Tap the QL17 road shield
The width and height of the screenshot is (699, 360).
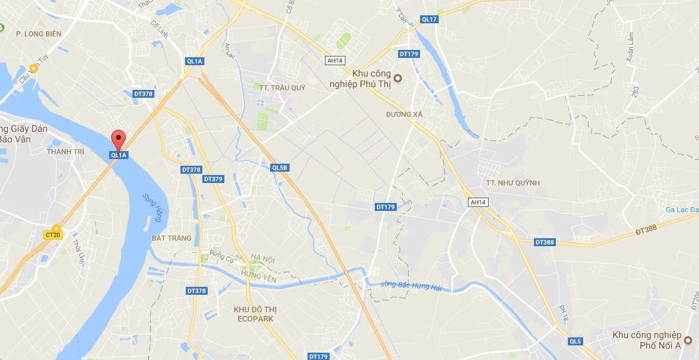coord(429,19)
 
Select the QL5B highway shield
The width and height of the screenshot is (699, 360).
coord(280,168)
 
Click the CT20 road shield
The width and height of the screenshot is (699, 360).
coord(53,234)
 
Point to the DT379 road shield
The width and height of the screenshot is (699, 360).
coord(213,179)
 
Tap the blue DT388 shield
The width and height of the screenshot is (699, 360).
coord(544,242)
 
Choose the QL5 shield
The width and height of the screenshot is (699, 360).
coord(575,341)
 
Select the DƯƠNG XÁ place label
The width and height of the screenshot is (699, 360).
coord(404,114)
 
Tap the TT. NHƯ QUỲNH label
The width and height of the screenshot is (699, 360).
coord(512,183)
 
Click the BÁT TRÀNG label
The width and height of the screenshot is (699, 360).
coord(171,238)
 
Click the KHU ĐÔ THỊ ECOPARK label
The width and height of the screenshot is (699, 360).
coord(254,314)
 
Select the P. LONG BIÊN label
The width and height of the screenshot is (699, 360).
coord(39,33)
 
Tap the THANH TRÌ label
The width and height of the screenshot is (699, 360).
coord(65,152)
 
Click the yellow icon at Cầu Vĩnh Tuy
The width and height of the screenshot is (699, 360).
coord(33,67)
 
